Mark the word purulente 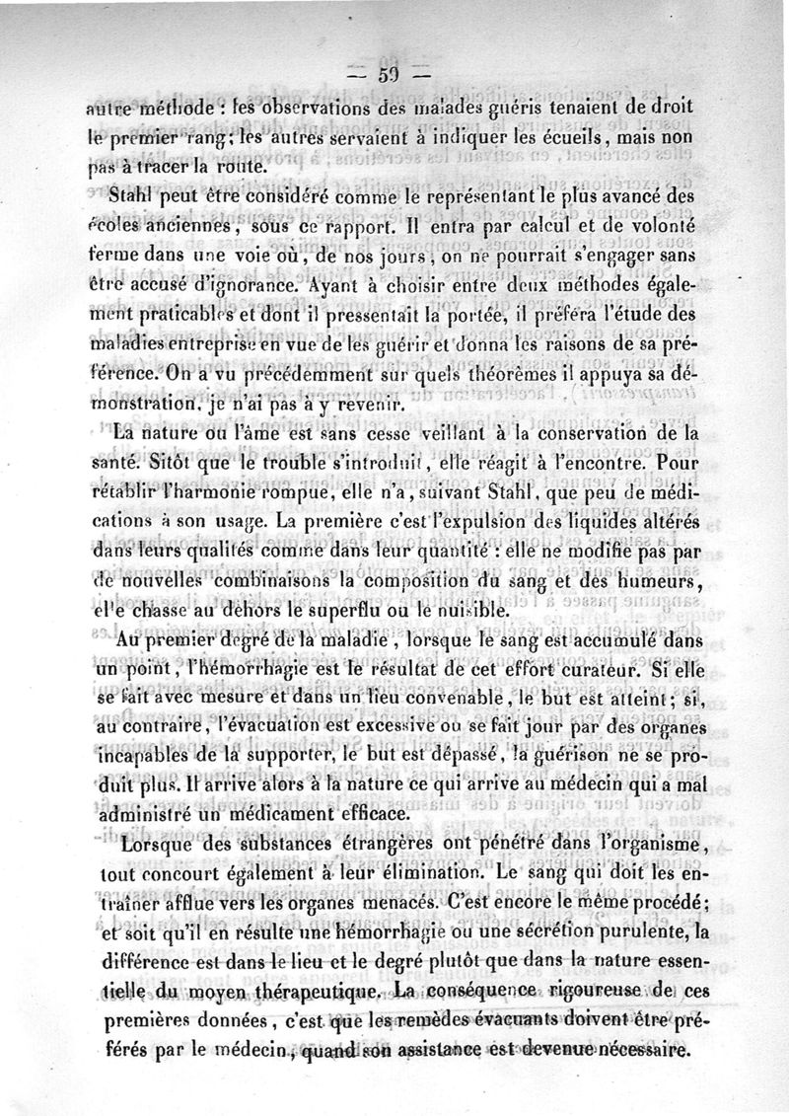(x=624, y=930)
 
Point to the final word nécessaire (x=636, y=1050)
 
